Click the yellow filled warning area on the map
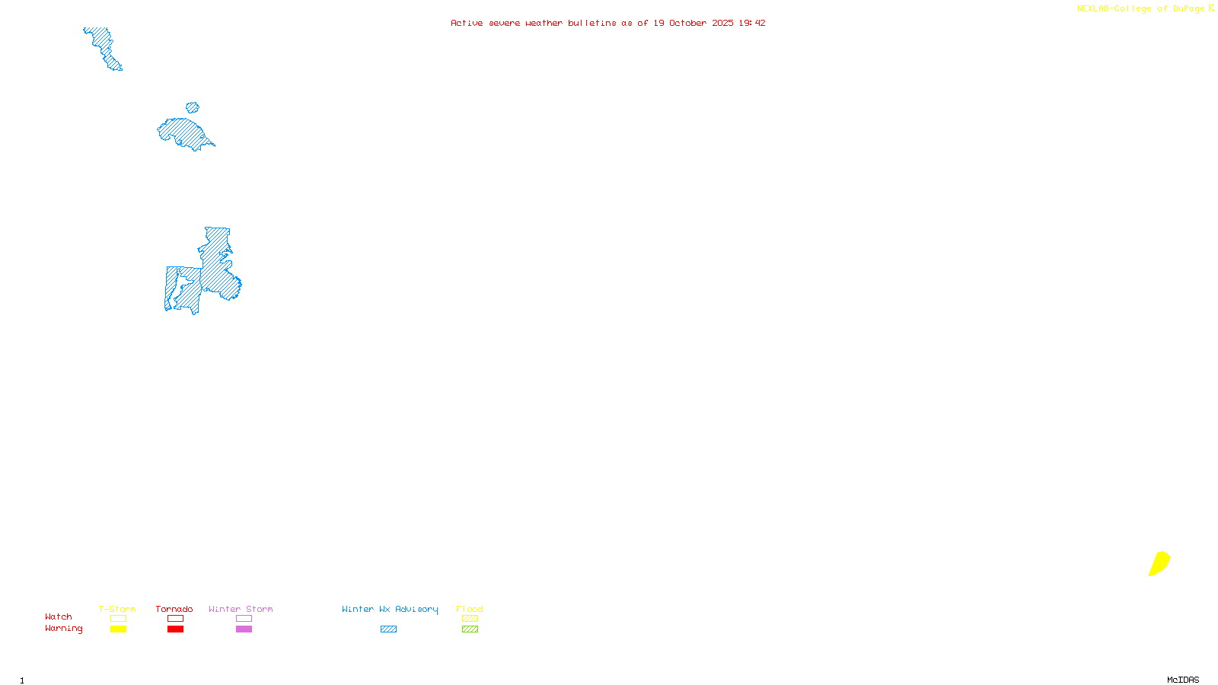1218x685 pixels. pos(1159,564)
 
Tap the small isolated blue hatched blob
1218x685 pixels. pos(193,108)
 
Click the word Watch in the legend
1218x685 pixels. pos(59,616)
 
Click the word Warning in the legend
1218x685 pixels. pos(63,629)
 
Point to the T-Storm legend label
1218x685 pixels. pos(117,609)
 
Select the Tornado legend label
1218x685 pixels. pos(174,609)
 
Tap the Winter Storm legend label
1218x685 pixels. pos(241,609)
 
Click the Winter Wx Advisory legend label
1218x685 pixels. pos(390,609)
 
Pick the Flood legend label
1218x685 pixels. pos(470,609)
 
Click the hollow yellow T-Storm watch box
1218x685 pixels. pos(118,619)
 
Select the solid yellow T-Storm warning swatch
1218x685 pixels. pos(118,629)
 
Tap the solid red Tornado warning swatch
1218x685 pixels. pos(175,629)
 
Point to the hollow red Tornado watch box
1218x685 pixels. pos(175,619)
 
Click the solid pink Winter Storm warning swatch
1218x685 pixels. pos(244,629)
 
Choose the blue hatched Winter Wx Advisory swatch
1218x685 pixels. pos(388,629)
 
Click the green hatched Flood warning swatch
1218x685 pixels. pos(470,629)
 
